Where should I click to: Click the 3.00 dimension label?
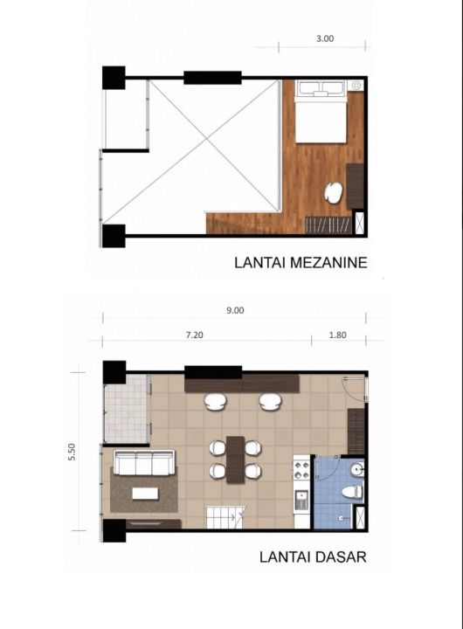pyautogui.click(x=325, y=38)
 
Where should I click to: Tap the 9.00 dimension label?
pyautogui.click(x=235, y=310)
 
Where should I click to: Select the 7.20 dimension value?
pyautogui.click(x=194, y=335)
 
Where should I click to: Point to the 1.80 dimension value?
pyautogui.click(x=337, y=335)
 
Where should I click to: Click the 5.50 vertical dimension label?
pyautogui.click(x=72, y=452)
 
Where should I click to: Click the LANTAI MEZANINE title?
pyautogui.click(x=301, y=262)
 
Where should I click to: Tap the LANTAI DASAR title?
pyautogui.click(x=313, y=556)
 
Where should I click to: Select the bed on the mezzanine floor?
pyautogui.click(x=321, y=111)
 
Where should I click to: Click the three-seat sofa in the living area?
pyautogui.click(x=144, y=462)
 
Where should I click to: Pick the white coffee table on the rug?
pyautogui.click(x=145, y=493)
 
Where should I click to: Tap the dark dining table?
pyautogui.click(x=235, y=460)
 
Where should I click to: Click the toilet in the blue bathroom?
pyautogui.click(x=352, y=491)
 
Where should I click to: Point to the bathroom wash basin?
pyautogui.click(x=356, y=469)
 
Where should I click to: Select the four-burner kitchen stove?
pyautogui.click(x=302, y=470)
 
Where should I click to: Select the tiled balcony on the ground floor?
pyautogui.click(x=126, y=408)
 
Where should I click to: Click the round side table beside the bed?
pyautogui.click(x=356, y=85)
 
